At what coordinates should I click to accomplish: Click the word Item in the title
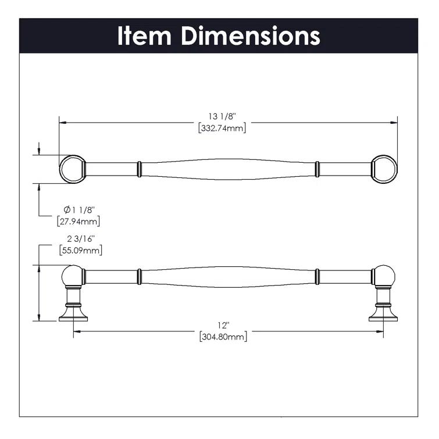tap(145, 35)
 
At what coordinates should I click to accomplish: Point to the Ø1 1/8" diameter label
tap(78, 209)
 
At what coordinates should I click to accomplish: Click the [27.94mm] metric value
tap(78, 221)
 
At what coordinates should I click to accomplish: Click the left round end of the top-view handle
tap(72, 169)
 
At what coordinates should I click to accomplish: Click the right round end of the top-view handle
tap(384, 169)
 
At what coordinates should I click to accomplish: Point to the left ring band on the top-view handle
tap(139, 169)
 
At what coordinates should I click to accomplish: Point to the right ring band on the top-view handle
tap(317, 169)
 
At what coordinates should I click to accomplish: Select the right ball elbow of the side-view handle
tap(384, 276)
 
